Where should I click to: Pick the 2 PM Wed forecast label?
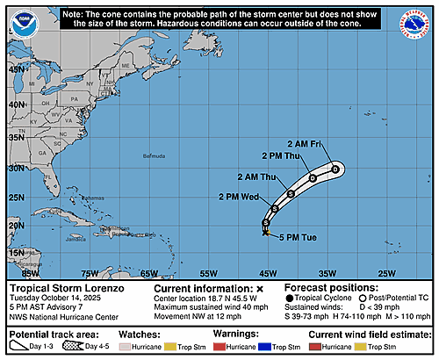[238, 197]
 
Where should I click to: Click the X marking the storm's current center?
[266, 232]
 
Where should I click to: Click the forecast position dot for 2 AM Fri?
[335, 169]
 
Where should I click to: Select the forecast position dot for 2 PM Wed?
[275, 208]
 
